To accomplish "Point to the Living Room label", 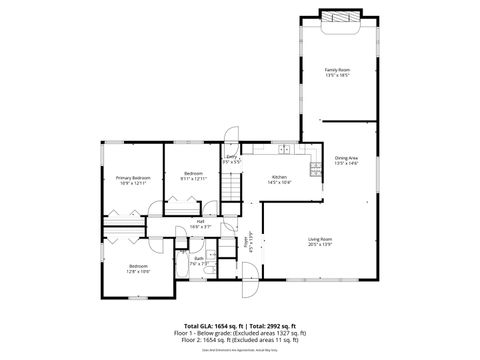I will (319, 239).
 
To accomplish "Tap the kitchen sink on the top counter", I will (284, 149).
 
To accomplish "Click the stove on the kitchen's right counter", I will (316, 165).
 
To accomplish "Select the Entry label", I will (231, 157).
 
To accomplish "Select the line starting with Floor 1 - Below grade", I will (240, 332).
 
